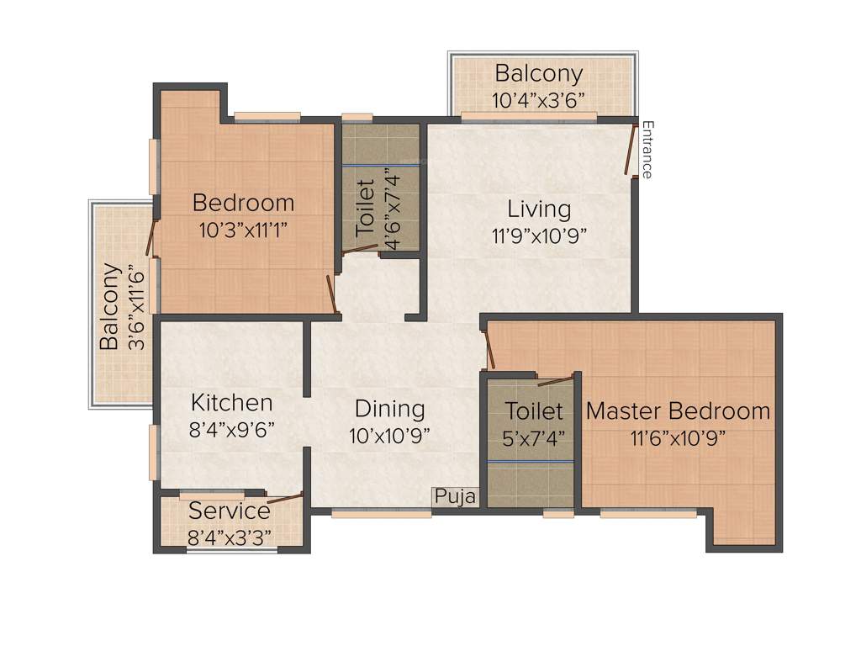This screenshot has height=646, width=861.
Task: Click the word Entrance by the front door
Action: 647,150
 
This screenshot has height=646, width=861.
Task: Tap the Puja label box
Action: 455,497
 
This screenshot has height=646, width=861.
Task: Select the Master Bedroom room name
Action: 678,411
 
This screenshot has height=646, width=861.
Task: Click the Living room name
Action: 538,209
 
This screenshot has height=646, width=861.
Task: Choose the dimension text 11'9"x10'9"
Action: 538,235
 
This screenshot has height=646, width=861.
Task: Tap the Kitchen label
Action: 231,402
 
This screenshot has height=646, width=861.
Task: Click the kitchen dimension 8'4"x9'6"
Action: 231,429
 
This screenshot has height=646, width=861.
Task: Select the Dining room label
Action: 389,409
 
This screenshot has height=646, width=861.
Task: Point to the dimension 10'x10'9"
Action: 389,436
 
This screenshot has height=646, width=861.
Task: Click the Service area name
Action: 229,511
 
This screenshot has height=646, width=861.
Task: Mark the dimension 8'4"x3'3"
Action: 230,536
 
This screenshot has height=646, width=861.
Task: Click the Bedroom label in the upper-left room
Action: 243,203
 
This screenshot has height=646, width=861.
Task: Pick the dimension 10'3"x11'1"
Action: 243,230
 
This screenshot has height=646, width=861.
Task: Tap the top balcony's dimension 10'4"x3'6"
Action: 538,100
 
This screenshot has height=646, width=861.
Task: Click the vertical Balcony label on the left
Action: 109,307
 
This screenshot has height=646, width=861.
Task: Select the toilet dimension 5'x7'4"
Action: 534,437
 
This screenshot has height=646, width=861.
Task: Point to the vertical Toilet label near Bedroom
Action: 366,207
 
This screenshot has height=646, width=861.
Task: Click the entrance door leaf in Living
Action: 631,151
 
